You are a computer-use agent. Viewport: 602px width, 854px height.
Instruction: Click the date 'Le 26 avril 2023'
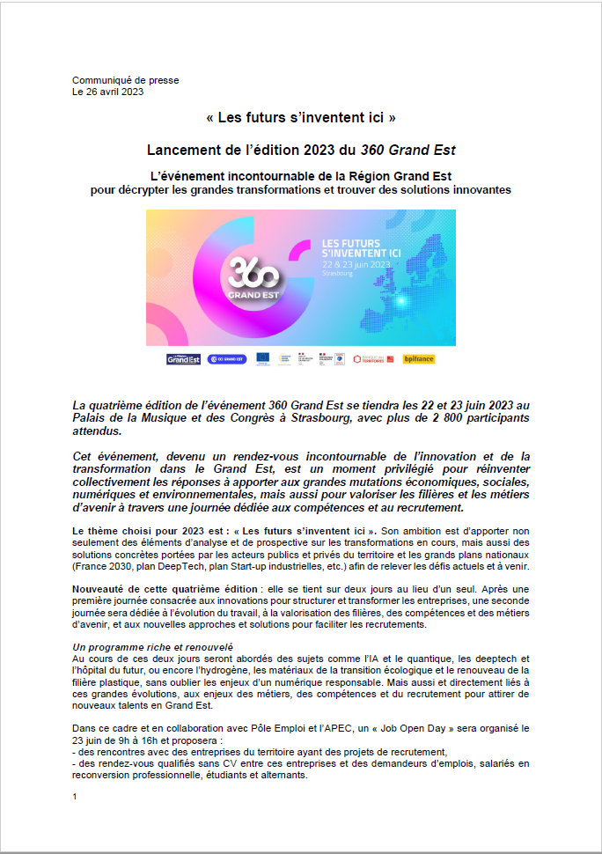tap(107, 91)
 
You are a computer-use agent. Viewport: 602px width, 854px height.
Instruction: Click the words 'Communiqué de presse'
tap(125, 80)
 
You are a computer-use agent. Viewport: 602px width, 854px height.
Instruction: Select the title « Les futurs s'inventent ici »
tap(300, 117)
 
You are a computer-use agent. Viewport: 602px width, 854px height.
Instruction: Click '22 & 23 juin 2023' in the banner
tap(356, 264)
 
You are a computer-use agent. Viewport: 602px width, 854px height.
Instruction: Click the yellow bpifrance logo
tap(419, 359)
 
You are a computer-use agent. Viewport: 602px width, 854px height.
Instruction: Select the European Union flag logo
tap(262, 359)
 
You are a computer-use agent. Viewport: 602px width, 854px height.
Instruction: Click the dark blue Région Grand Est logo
tap(183, 359)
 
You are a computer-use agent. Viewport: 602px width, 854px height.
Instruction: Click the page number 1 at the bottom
tap(75, 796)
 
